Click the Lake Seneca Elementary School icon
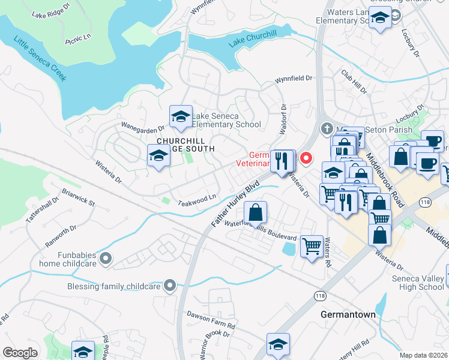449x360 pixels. pos(181,118)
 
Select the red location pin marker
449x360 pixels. pos(306,158)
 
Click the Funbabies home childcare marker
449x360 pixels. pos(106,259)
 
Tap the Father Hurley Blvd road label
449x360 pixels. pos(235,204)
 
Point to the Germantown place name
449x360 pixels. pos(348,314)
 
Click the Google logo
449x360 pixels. pos(20,353)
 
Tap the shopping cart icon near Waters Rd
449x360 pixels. pos(312,246)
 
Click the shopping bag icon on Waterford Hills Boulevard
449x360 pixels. pos(256,212)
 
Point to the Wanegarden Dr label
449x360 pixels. pos(144,128)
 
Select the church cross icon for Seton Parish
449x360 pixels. pos(327,128)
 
